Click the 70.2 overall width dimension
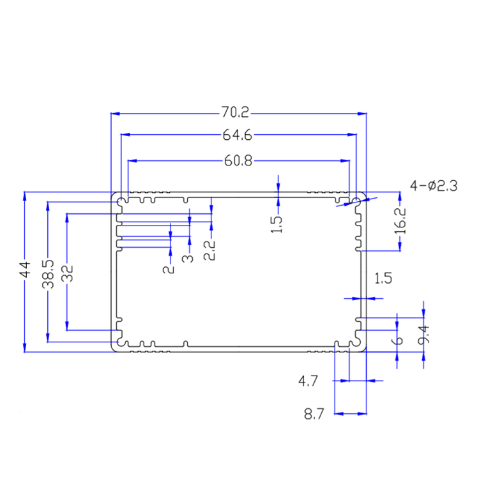point(235,114)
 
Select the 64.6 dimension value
point(235,135)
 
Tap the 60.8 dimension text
point(237,160)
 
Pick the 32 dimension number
point(67,273)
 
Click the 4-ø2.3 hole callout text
point(434,186)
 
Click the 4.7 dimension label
point(308,381)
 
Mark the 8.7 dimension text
point(315,414)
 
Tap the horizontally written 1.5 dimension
point(383,278)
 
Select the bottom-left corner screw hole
point(121,343)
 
